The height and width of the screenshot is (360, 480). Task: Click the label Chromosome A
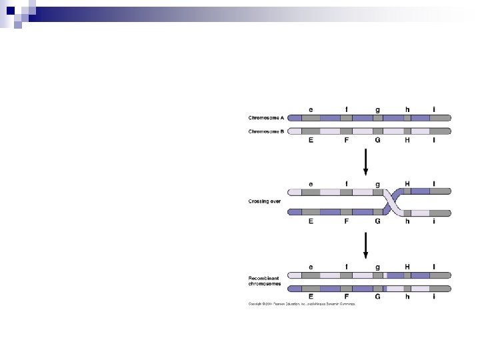point(267,119)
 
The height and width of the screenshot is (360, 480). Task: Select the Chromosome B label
point(267,131)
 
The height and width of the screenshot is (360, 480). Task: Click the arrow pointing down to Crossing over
point(365,162)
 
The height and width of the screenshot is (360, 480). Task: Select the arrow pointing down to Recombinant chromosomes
point(365,245)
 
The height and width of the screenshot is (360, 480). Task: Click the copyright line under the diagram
point(302,304)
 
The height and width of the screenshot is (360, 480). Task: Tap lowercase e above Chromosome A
point(311,110)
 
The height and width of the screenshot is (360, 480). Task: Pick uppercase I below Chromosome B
point(434,141)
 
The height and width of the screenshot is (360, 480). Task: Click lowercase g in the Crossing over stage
point(378,184)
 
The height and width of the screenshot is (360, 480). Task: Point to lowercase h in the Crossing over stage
point(407,221)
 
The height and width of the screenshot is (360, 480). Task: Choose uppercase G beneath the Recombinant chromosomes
point(378,297)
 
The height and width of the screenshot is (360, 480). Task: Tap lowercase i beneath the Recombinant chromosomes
point(434,297)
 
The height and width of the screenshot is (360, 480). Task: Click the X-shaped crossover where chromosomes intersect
point(392,202)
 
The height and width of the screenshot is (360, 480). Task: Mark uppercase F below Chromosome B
point(346,141)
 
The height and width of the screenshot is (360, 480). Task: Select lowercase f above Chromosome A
point(346,110)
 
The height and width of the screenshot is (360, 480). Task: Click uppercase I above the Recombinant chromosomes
point(434,266)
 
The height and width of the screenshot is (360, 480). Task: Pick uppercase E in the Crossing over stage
point(311,221)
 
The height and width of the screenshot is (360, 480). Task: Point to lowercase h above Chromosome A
point(407,110)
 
